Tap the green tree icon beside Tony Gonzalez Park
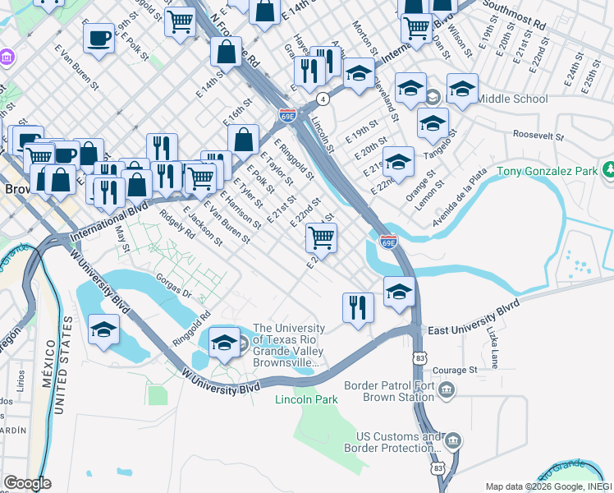click(609, 171)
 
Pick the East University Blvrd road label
click(474, 319)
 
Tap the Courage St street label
click(455, 370)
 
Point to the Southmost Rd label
click(515, 15)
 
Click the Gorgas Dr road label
click(172, 287)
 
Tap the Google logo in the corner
click(27, 483)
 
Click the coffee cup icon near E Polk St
click(99, 38)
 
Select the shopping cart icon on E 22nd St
click(321, 238)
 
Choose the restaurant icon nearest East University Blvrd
click(358, 307)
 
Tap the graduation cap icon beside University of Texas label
click(223, 342)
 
